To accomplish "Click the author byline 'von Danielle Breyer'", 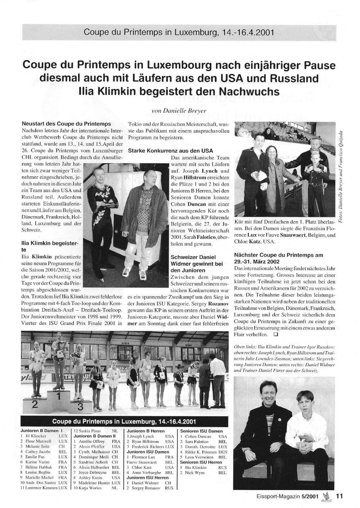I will coord(179,111).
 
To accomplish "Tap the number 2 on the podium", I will coord(35,404).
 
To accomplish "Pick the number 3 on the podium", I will coord(80,407).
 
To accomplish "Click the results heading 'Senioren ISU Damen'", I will coord(201,431).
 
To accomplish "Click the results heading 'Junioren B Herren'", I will coord(146,431).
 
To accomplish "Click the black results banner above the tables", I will coord(124,421).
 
